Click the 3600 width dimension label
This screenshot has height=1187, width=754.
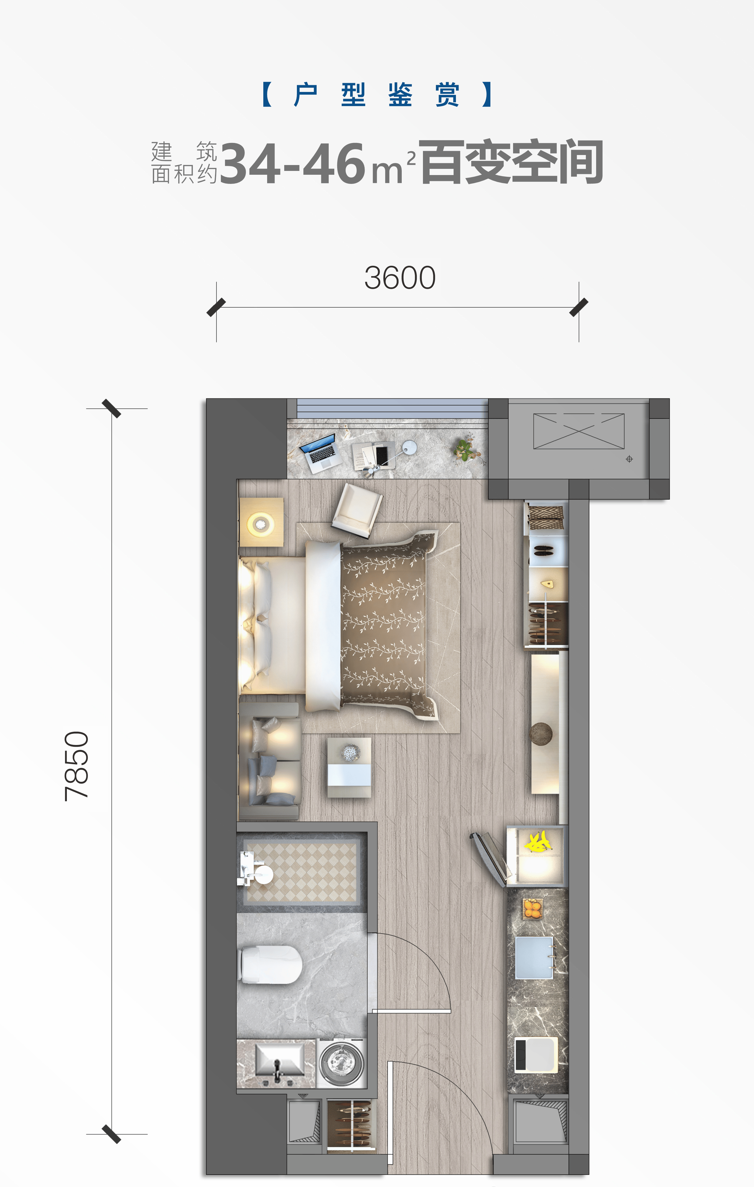(x=400, y=278)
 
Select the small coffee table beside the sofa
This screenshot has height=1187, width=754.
(x=349, y=767)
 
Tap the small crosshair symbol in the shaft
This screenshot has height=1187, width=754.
(x=629, y=459)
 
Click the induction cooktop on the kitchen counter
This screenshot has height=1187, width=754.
(x=536, y=1055)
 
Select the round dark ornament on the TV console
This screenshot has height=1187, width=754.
(x=541, y=733)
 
